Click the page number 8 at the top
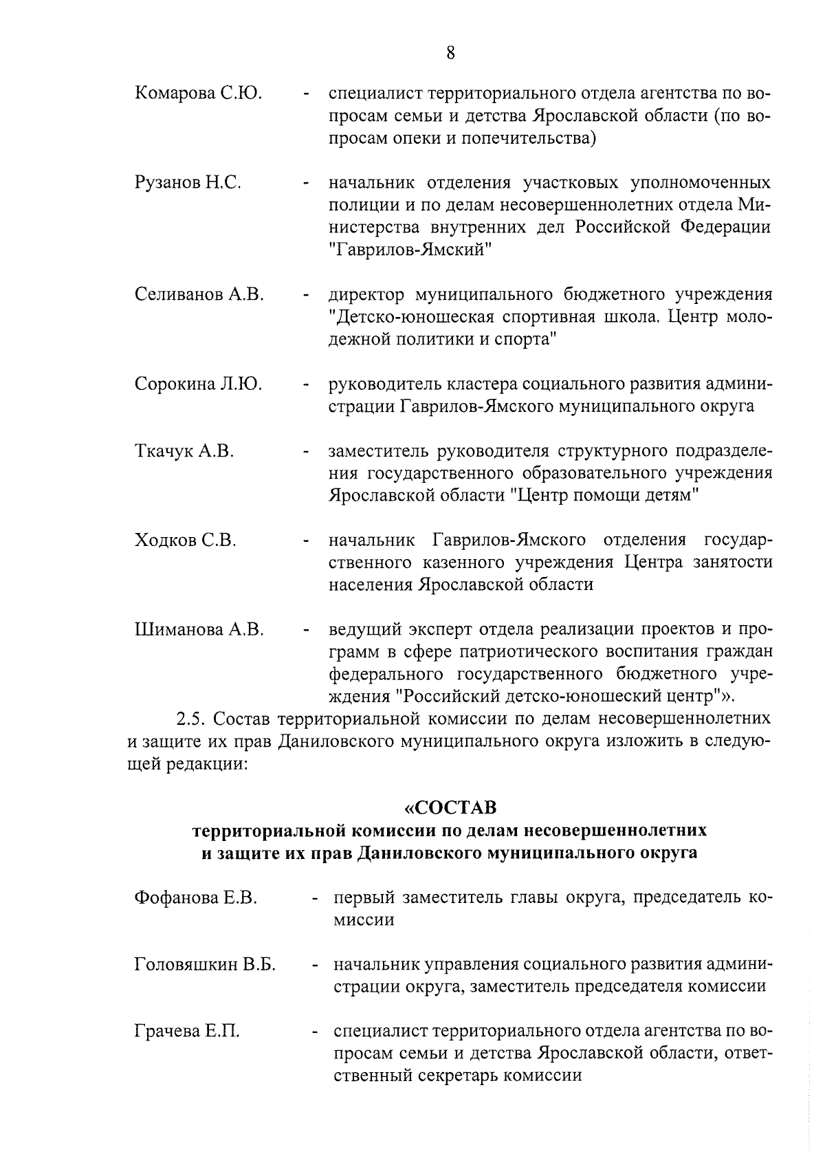tap(450, 53)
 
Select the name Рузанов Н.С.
tap(187, 183)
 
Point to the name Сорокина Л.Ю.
tap(198, 384)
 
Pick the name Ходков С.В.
tap(186, 541)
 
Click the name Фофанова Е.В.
tap(196, 897)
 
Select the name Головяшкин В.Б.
tap(205, 965)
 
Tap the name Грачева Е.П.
tap(187, 1032)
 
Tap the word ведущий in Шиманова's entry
tap(364, 630)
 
